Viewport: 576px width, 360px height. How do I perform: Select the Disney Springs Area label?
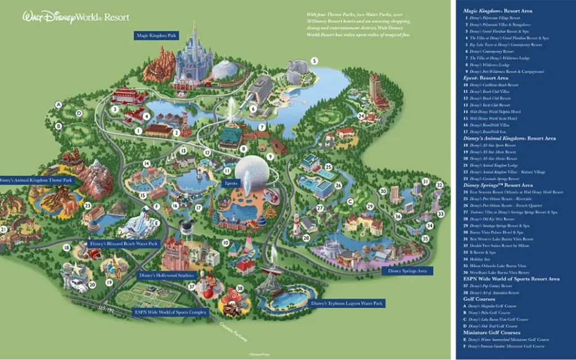click(x=407, y=271)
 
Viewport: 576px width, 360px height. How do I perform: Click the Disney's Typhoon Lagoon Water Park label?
click(x=347, y=303)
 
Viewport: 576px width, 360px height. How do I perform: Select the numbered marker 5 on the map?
click(x=314, y=60)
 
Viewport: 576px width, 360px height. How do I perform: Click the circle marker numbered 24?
click(x=361, y=116)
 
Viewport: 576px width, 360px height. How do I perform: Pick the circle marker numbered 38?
click(x=239, y=289)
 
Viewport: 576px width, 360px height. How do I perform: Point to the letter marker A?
click(x=58, y=104)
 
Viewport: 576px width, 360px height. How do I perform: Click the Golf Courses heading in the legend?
click(x=479, y=299)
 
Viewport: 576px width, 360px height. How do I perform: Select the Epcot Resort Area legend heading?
click(x=486, y=78)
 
